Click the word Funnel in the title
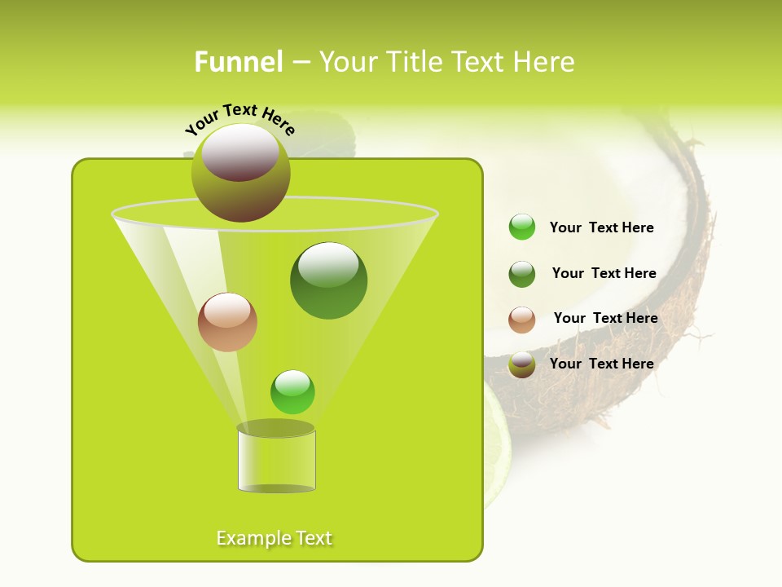(x=238, y=62)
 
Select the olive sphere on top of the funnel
(x=241, y=172)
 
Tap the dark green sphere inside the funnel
(x=328, y=280)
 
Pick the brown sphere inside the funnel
(x=227, y=322)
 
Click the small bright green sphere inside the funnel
(x=292, y=392)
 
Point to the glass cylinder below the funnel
(x=276, y=460)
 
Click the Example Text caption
(x=275, y=538)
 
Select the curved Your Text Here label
(x=240, y=118)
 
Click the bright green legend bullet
(x=522, y=227)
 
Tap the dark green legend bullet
(x=522, y=274)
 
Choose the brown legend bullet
(x=522, y=320)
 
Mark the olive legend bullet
(x=522, y=364)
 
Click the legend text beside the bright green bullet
(x=601, y=227)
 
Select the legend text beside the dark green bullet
(x=604, y=273)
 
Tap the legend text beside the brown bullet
(x=605, y=318)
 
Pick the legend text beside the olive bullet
(x=601, y=364)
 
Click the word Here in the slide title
(x=545, y=62)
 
